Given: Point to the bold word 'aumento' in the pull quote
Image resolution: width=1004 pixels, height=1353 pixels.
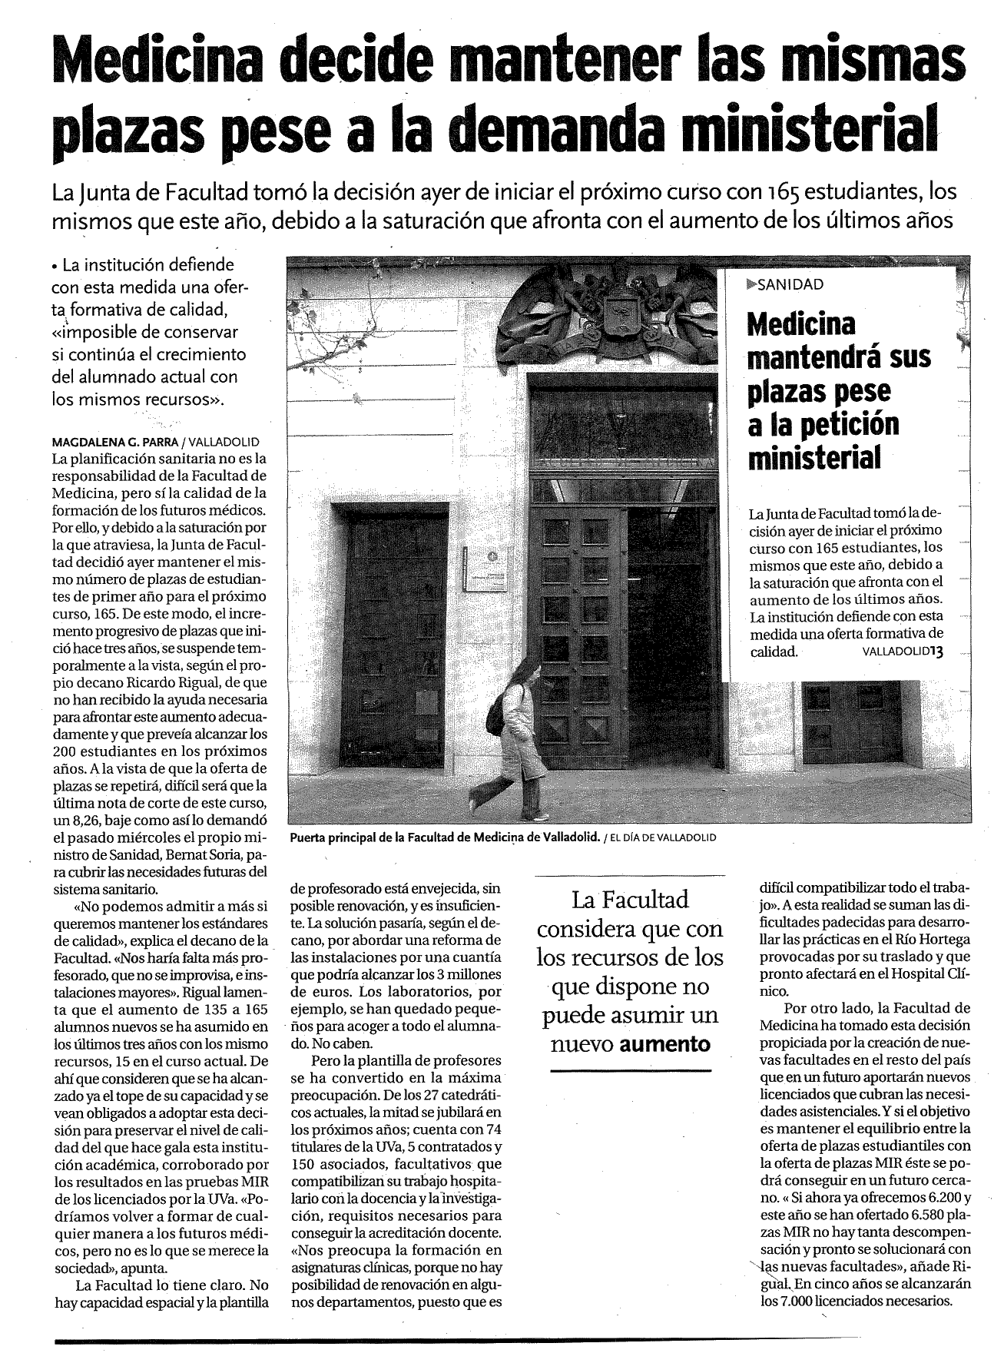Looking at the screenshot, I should pos(665,1044).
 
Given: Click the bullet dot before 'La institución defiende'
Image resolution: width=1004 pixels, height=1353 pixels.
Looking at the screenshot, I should pos(55,268).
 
